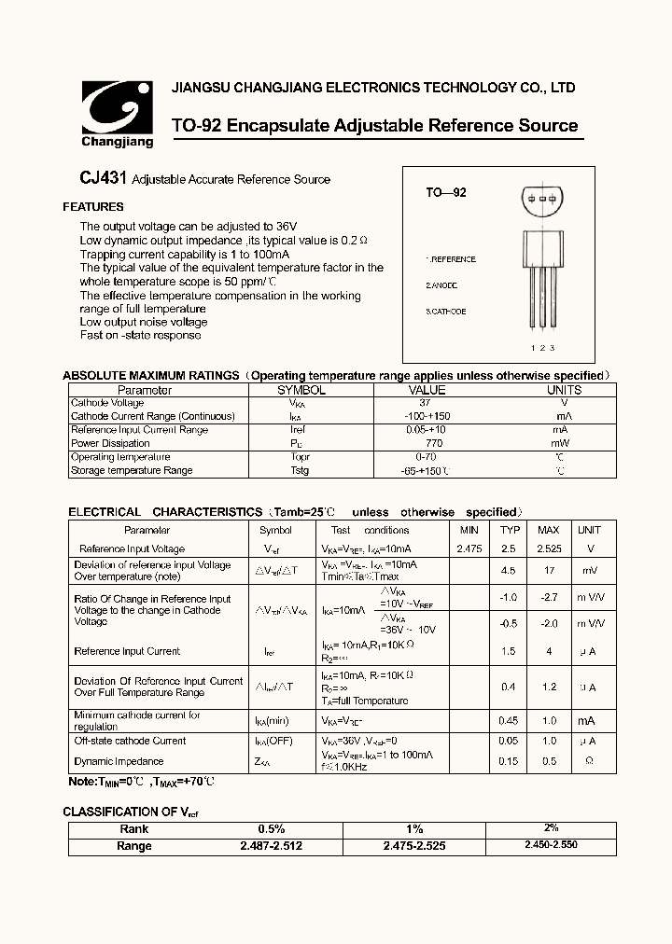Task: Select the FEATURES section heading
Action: pyautogui.click(x=93, y=207)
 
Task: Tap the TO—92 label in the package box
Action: pyautogui.click(x=445, y=192)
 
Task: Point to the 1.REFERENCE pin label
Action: pyautogui.click(x=451, y=259)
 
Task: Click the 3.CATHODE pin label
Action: pyautogui.click(x=446, y=312)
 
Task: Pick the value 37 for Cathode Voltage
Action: pyautogui.click(x=426, y=403)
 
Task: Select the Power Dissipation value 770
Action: pyautogui.click(x=426, y=443)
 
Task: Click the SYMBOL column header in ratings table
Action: pyautogui.click(x=301, y=390)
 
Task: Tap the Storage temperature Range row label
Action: pyautogui.click(x=132, y=470)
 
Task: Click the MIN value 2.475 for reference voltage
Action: pyautogui.click(x=469, y=549)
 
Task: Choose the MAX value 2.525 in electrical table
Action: pyautogui.click(x=549, y=549)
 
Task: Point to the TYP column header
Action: pyautogui.click(x=509, y=530)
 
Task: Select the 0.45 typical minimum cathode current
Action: pyautogui.click(x=509, y=720)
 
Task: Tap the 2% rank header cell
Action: pyautogui.click(x=551, y=828)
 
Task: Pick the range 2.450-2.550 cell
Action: pyautogui.click(x=551, y=845)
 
